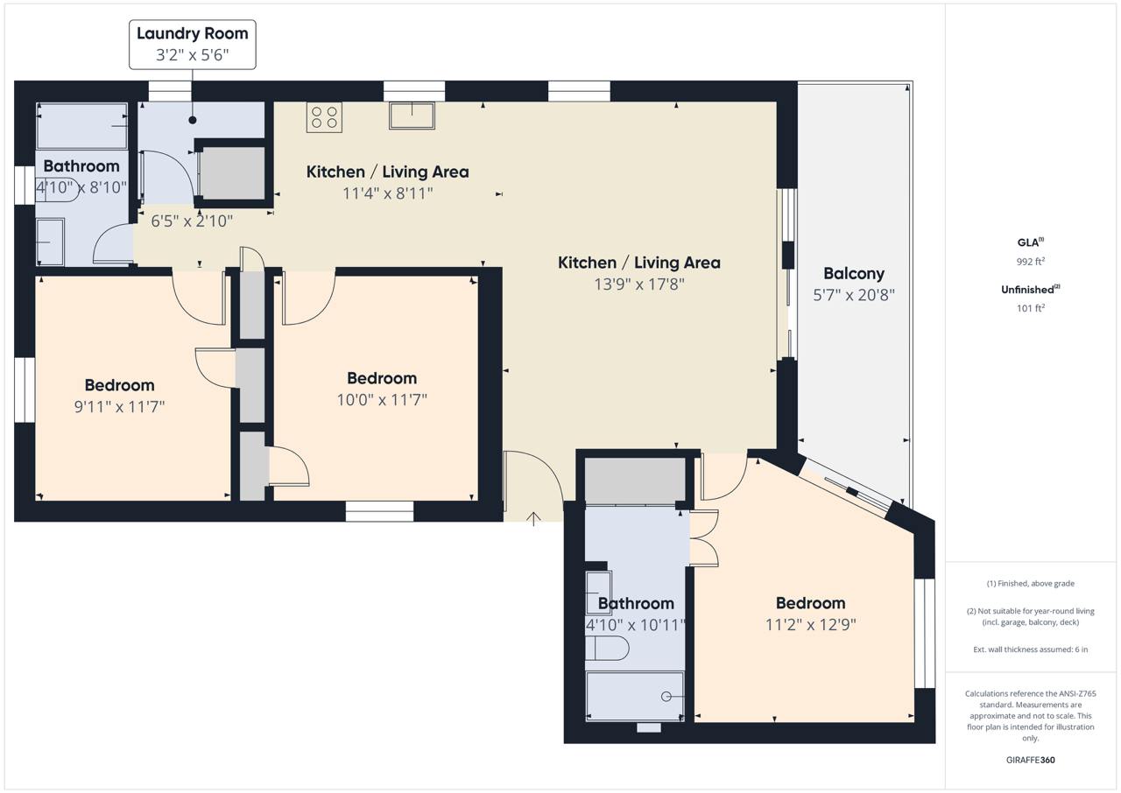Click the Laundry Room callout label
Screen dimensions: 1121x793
coord(192,45)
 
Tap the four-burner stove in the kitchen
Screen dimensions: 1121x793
coord(324,117)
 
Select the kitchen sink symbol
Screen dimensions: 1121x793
coord(412,116)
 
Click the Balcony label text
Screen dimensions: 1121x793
coord(854,273)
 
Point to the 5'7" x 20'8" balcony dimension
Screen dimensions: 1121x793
coord(854,295)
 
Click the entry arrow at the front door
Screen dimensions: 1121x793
coord(534,519)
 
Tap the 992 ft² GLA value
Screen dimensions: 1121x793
coord(1031,261)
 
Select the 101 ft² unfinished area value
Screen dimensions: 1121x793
coord(1031,308)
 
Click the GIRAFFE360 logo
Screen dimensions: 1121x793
coord(1031,760)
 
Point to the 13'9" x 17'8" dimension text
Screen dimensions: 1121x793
coord(639,284)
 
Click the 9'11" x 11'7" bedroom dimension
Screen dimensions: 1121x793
coord(119,406)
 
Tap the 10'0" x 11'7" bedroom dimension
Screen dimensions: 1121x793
coord(382,399)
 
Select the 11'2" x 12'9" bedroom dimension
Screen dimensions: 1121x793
coord(811,624)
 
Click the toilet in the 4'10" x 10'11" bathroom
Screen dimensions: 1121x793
coord(607,649)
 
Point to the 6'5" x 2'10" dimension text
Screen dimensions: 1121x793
coord(192,221)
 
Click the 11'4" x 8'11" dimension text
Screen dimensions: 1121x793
coord(387,193)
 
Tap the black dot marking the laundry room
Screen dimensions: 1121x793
coord(192,120)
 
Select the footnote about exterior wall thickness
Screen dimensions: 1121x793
coord(1031,649)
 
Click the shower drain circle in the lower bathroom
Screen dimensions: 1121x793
coord(666,697)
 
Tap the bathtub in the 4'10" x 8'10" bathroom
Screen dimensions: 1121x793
coord(82,126)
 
